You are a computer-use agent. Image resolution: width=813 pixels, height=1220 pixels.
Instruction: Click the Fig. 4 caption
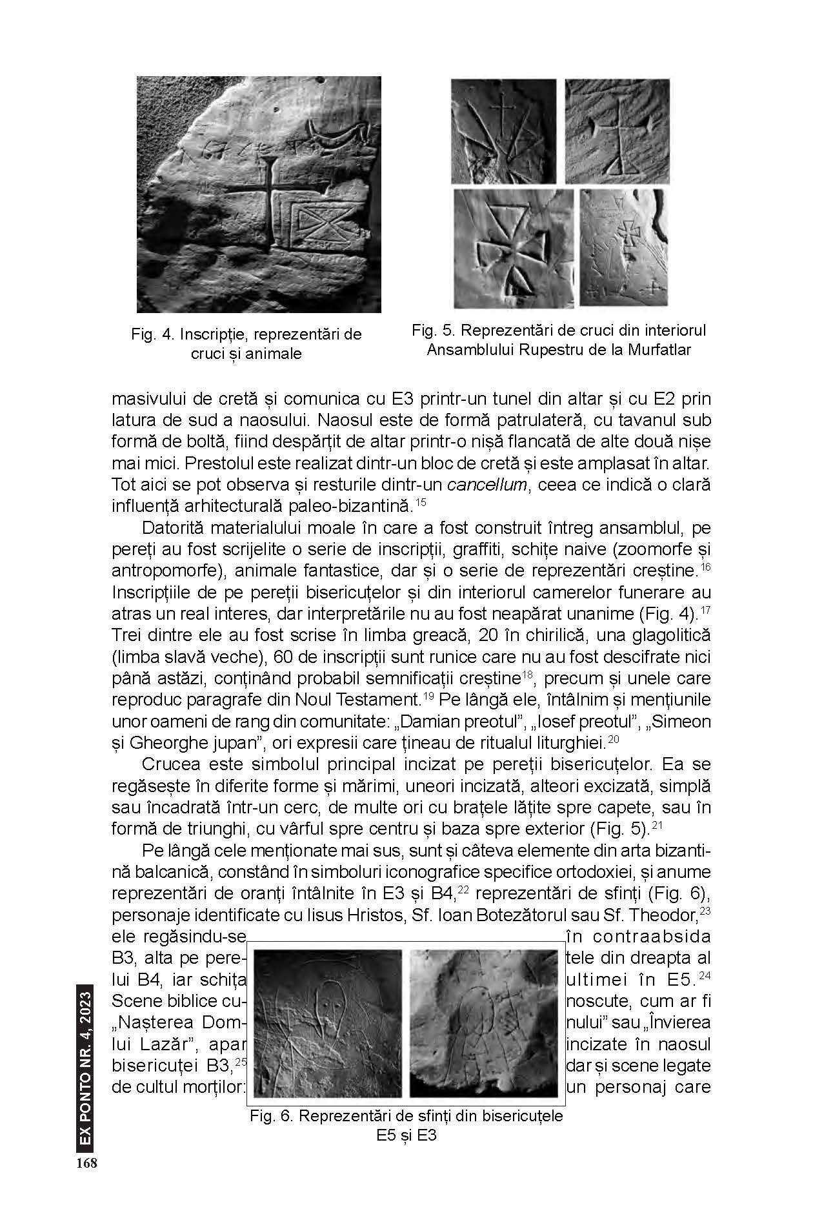(x=246, y=344)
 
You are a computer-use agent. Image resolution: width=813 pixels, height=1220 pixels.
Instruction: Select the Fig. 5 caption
(x=559, y=340)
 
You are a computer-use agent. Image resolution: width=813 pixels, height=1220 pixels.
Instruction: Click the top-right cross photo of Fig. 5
(x=617, y=131)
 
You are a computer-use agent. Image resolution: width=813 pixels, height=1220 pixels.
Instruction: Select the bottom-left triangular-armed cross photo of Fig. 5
(x=513, y=248)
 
